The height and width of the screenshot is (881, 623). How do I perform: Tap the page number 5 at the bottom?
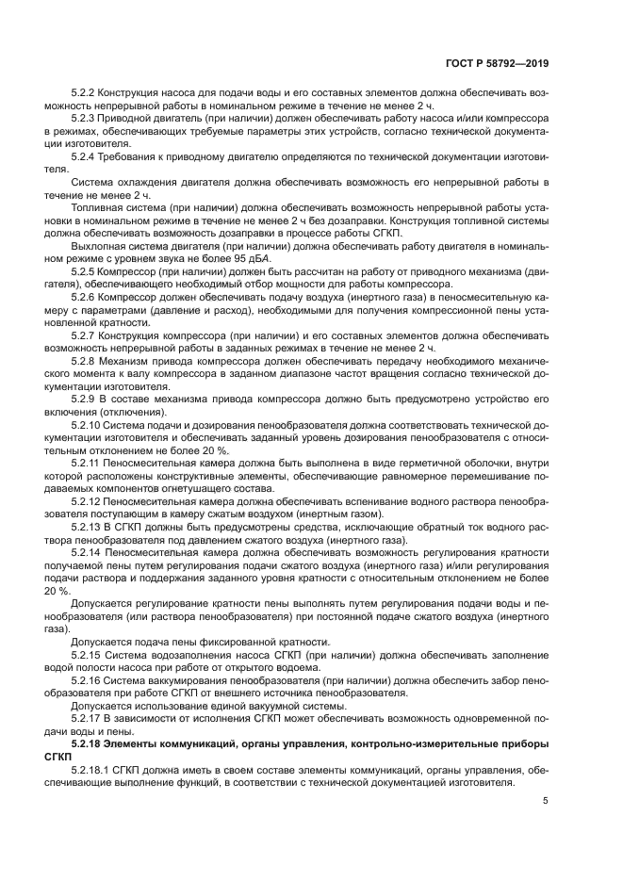coord(545,802)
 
